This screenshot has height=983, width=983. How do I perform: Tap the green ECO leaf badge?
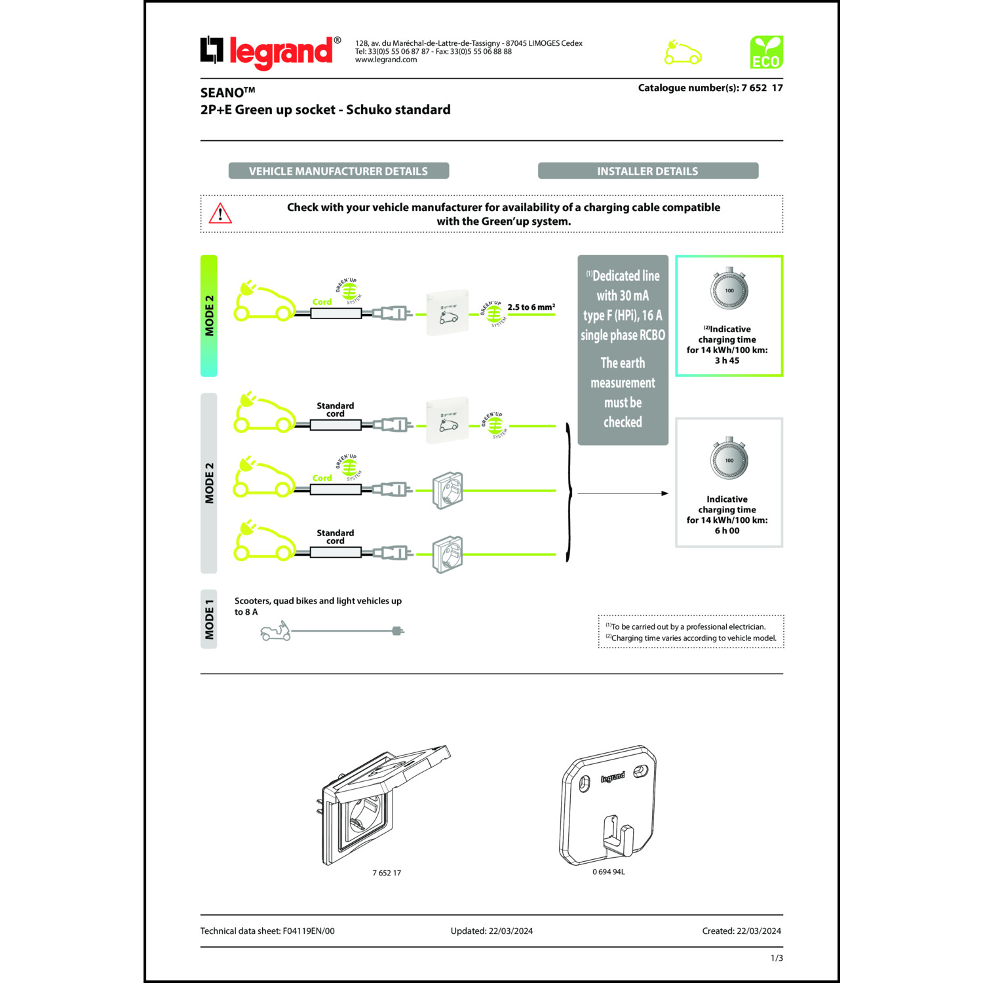click(x=766, y=52)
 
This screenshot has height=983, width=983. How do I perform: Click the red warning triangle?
click(x=220, y=214)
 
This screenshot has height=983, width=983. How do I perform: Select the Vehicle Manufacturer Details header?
click(x=338, y=171)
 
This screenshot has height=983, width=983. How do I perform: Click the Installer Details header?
click(x=647, y=171)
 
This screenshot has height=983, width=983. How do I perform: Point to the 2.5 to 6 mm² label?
click(x=531, y=307)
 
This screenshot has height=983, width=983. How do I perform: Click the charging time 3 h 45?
click(x=727, y=360)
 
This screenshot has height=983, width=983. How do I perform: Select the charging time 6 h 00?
click(x=727, y=531)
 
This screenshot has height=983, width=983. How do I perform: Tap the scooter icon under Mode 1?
click(x=275, y=632)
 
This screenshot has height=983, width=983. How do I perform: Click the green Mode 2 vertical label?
click(x=209, y=315)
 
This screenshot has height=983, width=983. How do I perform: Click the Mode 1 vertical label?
click(x=209, y=619)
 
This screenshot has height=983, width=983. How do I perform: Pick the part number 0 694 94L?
click(x=609, y=872)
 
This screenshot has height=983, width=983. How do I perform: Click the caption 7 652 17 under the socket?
click(x=387, y=873)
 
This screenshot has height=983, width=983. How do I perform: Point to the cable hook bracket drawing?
click(x=608, y=805)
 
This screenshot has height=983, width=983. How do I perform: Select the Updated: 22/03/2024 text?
click(x=491, y=931)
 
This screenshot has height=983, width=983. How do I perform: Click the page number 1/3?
click(x=777, y=958)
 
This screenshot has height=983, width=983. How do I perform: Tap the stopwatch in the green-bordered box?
click(x=729, y=288)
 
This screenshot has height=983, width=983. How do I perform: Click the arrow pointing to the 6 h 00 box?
click(x=623, y=493)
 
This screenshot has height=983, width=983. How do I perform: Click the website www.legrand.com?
click(x=386, y=60)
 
